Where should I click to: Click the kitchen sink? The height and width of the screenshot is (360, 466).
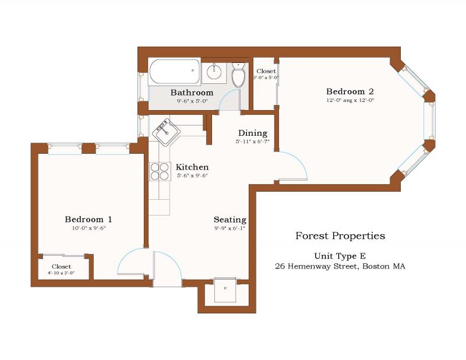(x=167, y=132)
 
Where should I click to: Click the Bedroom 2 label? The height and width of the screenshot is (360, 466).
(x=349, y=91)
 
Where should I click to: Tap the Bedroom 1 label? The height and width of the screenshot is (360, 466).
(x=88, y=219)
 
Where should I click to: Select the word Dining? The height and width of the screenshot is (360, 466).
(x=252, y=133)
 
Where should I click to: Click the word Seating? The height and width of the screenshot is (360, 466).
(x=230, y=220)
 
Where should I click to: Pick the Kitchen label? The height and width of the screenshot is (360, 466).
(x=192, y=167)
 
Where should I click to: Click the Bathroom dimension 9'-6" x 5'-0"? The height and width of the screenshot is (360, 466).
(x=192, y=101)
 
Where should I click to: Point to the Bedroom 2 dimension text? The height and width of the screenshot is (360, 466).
(x=349, y=100)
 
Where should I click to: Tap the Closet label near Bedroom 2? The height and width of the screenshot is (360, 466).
(x=266, y=71)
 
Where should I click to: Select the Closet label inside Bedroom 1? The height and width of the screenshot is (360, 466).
(x=61, y=266)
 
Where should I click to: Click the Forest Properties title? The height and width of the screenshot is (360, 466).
(x=340, y=236)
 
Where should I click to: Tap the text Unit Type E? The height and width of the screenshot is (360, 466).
(x=340, y=256)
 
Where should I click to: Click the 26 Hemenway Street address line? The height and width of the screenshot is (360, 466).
(x=340, y=266)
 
